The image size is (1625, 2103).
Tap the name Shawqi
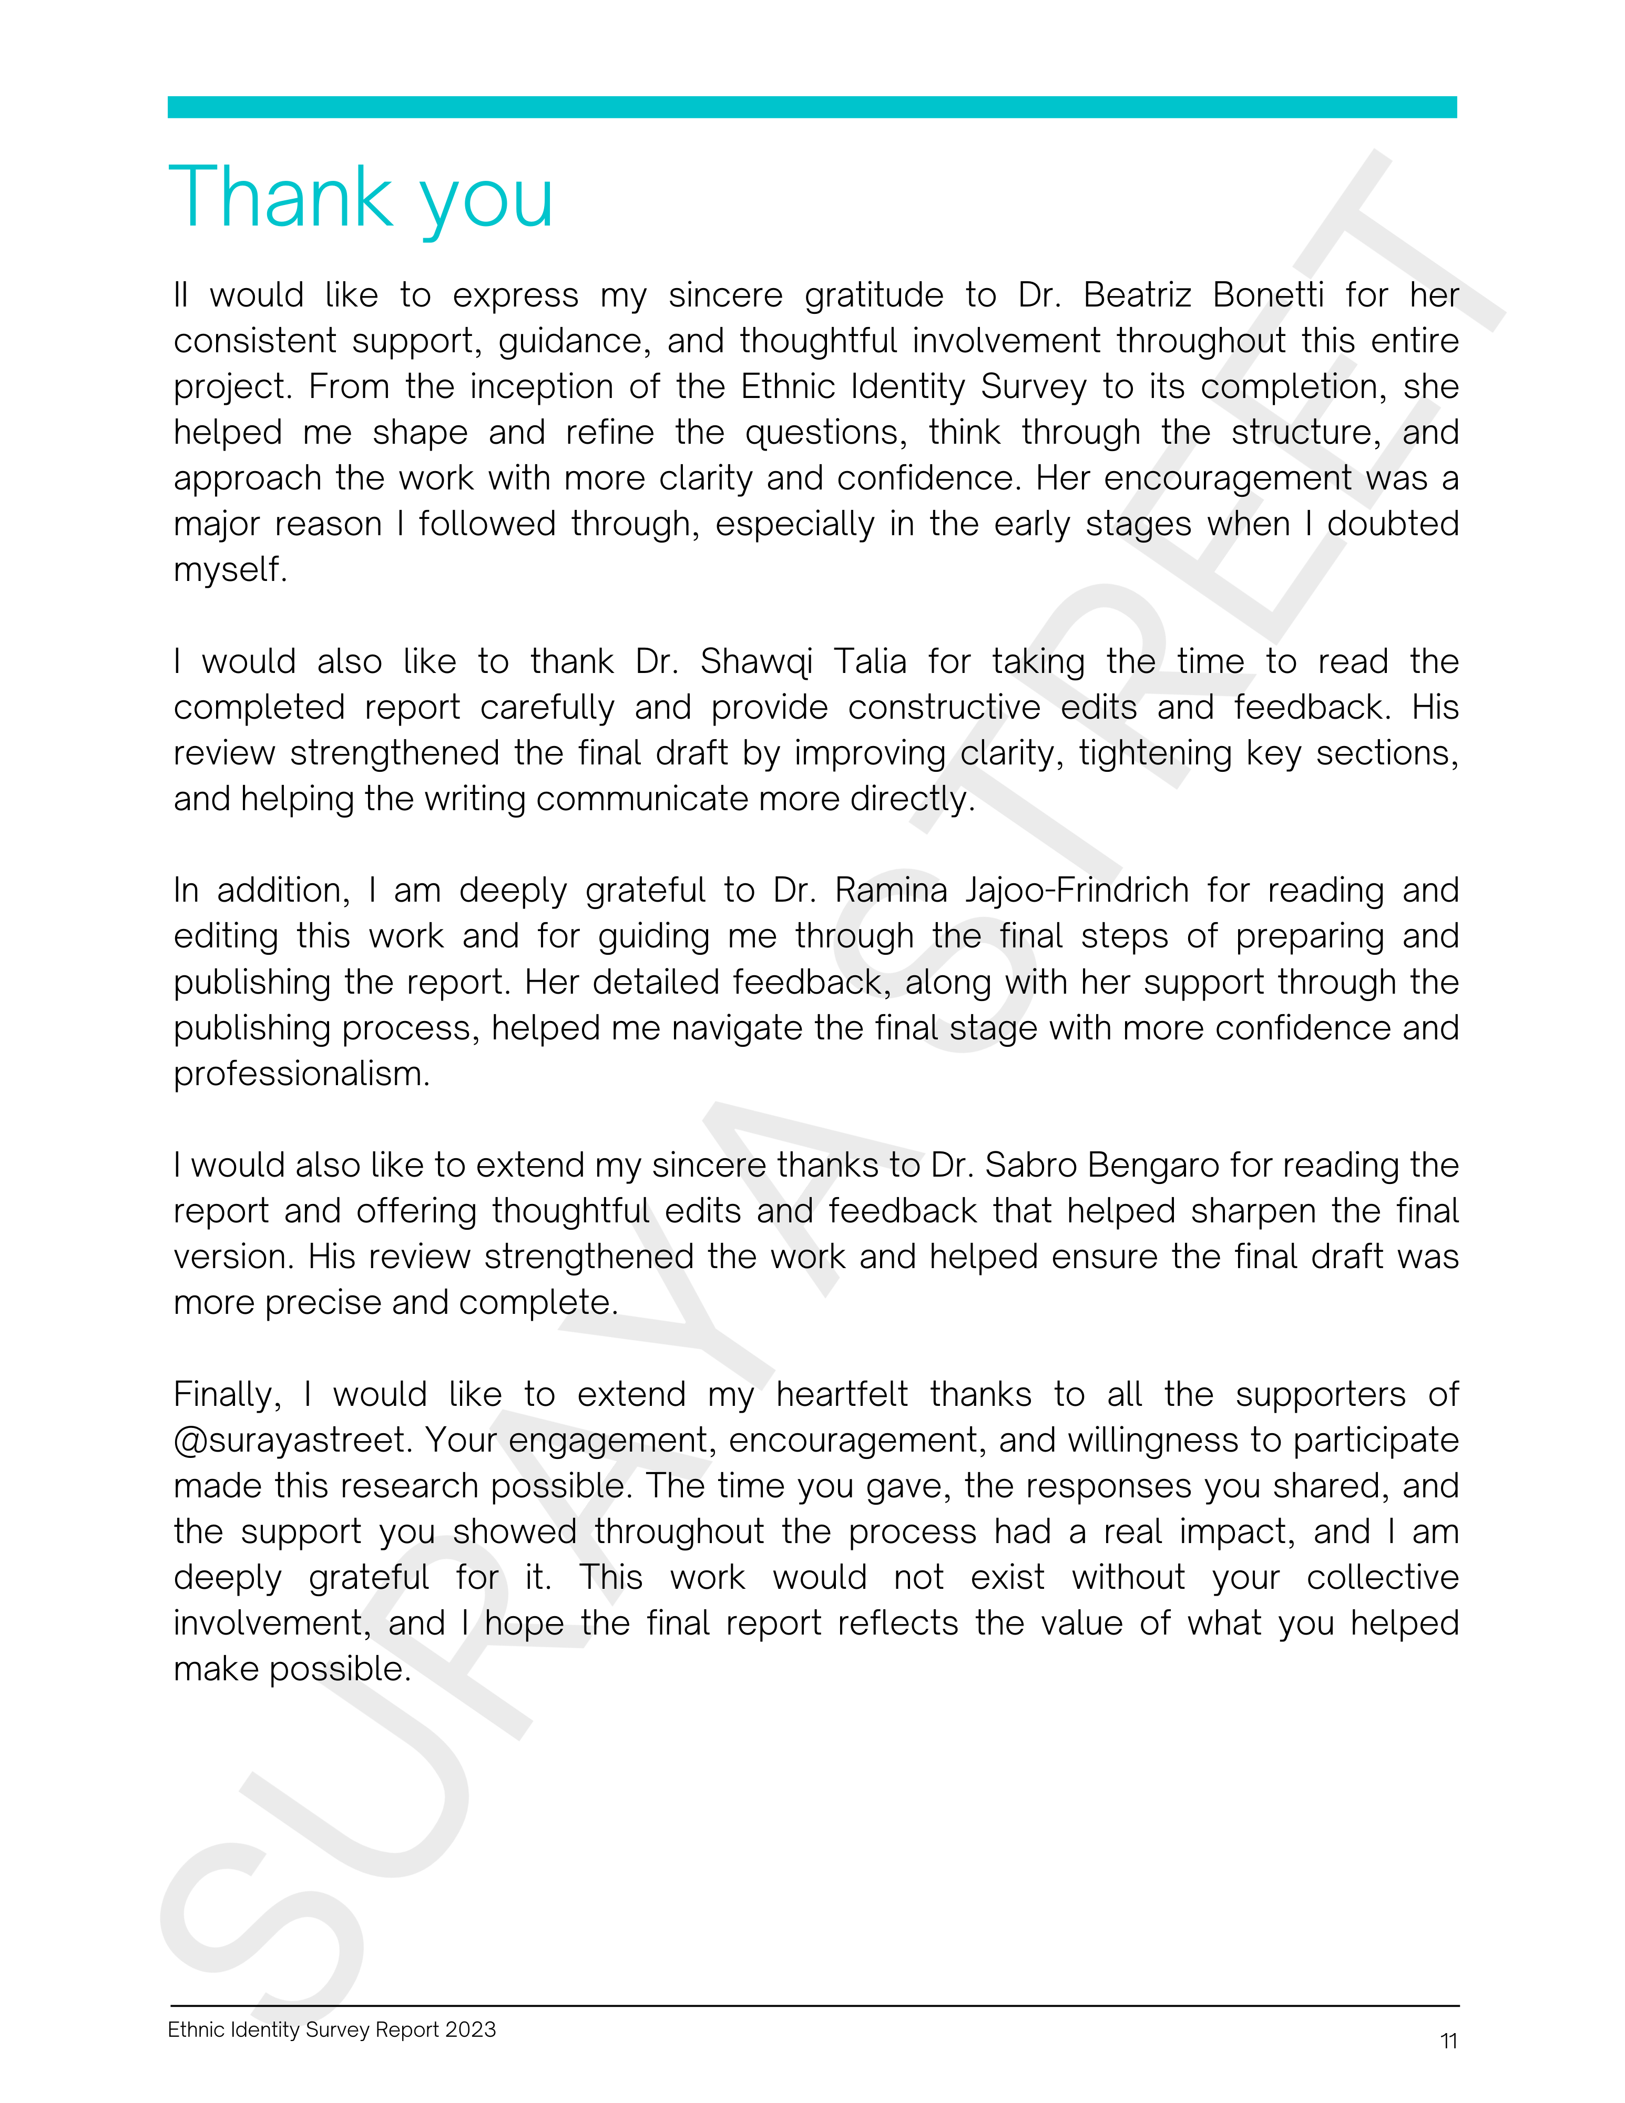[755, 661]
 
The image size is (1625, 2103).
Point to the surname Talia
[870, 661]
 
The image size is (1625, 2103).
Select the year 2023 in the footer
[471, 2030]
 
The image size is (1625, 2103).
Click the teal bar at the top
[812, 107]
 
